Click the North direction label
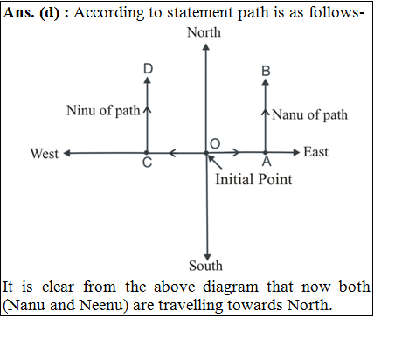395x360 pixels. (204, 32)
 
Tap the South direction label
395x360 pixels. (205, 266)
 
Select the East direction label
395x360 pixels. (315, 152)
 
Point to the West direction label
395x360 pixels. (45, 154)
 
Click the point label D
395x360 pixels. (148, 69)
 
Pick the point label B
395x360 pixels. (266, 72)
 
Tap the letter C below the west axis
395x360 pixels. (147, 163)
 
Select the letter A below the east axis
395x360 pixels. (267, 162)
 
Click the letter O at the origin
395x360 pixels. (215, 144)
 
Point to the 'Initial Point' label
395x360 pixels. (253, 179)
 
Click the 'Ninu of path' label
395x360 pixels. (103, 111)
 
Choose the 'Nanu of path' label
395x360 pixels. (309, 114)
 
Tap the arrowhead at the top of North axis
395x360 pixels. (206, 47)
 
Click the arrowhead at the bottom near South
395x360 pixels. (207, 257)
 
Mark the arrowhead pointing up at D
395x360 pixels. (148, 80)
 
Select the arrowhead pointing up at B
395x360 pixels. (266, 82)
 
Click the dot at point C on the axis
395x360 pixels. (147, 153)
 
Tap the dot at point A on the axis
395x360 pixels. (266, 152)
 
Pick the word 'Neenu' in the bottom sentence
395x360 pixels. (100, 305)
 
